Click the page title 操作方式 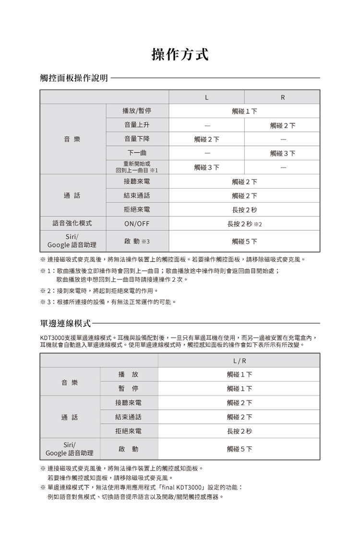[x=180, y=55]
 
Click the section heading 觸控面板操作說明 [x=74, y=78]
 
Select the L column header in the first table [x=206, y=97]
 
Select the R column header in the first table [x=282, y=97]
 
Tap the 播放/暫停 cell [x=137, y=111]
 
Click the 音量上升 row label [x=137, y=125]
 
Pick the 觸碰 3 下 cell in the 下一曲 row [x=282, y=153]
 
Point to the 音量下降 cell [x=137, y=139]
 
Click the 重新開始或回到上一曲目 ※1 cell [x=137, y=167]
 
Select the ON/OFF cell [x=137, y=224]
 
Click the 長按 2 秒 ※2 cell [x=245, y=224]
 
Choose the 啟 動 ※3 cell [x=137, y=241]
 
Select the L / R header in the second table [x=240, y=360]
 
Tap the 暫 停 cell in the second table [x=129, y=388]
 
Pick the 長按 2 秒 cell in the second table [x=240, y=431]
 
